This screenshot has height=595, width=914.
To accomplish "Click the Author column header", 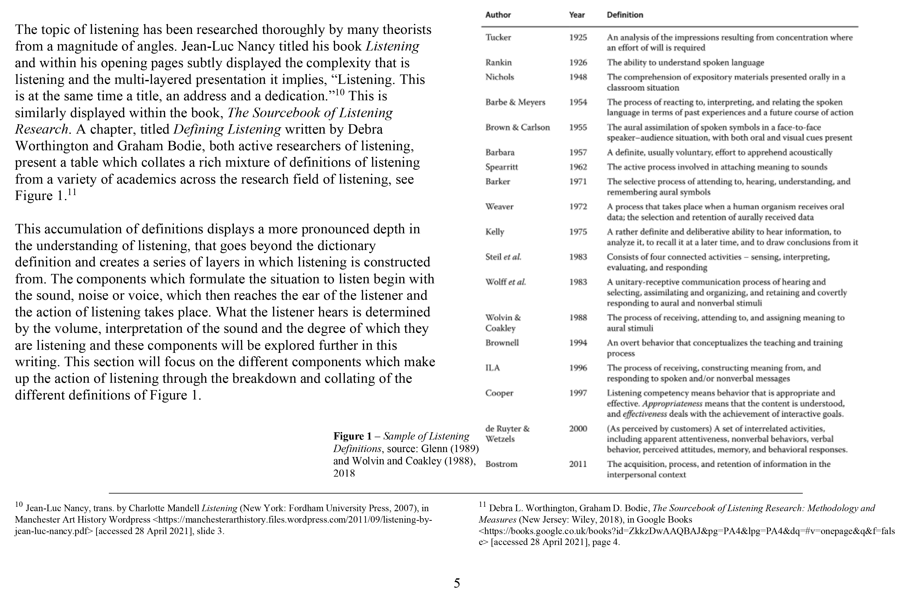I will pos(498,15).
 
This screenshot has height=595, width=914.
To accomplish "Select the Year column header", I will pos(576,15).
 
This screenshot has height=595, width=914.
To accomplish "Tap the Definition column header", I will pos(624,15).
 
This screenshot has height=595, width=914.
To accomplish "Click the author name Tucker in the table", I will pos(498,37).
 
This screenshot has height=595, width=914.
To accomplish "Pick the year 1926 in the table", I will pos(578,62).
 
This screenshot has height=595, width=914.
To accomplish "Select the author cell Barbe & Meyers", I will pos(515,102).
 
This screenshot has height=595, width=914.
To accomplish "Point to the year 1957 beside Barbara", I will pos(578,152).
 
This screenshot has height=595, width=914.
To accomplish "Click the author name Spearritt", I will pos(501,167).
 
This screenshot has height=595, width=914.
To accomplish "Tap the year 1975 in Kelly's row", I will pos(578,232).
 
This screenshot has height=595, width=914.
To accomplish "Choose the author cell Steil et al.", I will pos(503,257).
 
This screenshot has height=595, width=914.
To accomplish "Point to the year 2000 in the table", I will pos(578,429).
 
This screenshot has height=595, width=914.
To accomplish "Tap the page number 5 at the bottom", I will pos(457,583).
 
